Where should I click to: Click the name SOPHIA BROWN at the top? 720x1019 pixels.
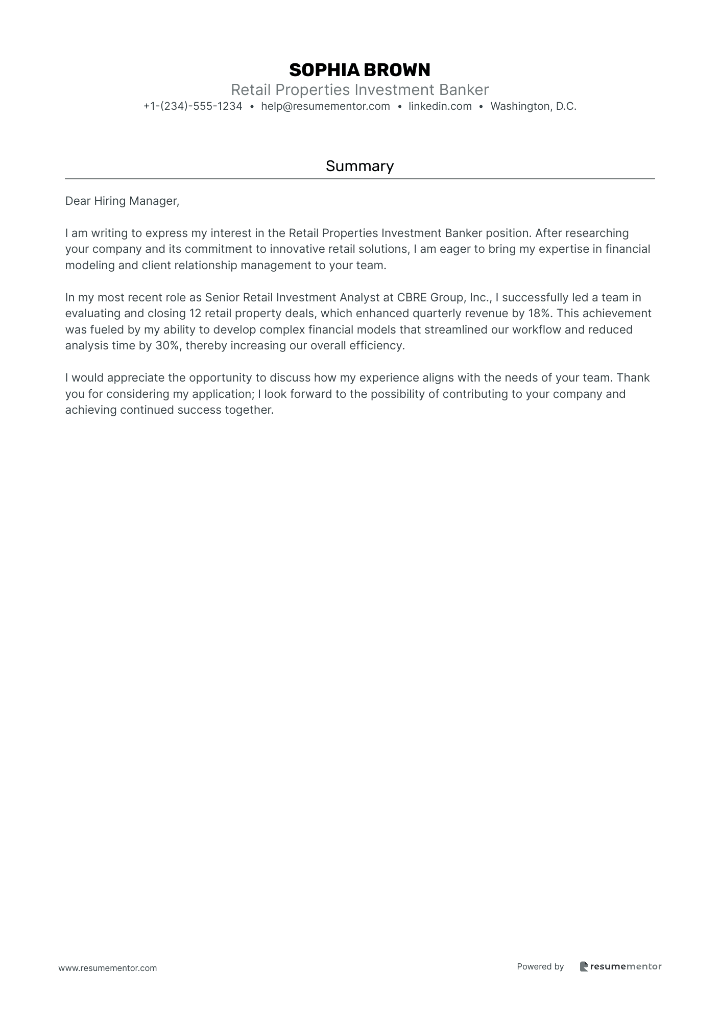click(x=359, y=69)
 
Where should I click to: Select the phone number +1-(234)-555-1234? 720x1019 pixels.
click(x=193, y=106)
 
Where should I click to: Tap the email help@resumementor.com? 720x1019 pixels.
click(x=325, y=106)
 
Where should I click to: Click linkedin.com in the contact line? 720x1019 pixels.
click(x=440, y=106)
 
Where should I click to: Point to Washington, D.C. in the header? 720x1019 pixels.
click(x=533, y=106)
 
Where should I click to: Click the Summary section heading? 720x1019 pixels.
click(x=359, y=166)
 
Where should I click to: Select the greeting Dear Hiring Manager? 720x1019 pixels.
click(x=122, y=201)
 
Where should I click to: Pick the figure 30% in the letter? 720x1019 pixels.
click(x=167, y=345)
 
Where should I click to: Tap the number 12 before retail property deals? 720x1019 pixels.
click(x=195, y=313)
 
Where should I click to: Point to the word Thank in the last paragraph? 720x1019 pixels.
click(x=633, y=377)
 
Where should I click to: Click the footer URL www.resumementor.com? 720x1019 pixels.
click(x=108, y=968)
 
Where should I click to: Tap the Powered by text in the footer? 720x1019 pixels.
click(x=540, y=966)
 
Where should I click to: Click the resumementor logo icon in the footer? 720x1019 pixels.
click(x=584, y=966)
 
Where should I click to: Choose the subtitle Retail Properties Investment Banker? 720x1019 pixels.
click(x=359, y=90)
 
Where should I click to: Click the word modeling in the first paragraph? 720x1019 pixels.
click(x=90, y=265)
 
